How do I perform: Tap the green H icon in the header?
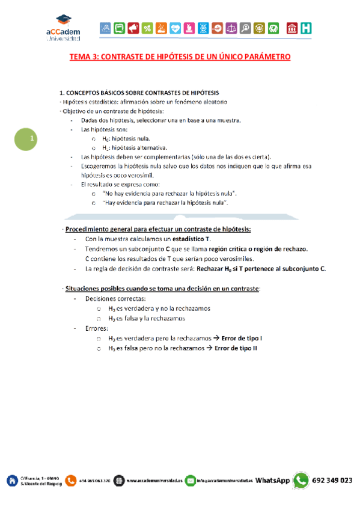[x=307, y=28]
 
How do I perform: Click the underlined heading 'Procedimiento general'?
[x=158, y=229]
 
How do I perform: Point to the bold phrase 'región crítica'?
[x=222, y=248]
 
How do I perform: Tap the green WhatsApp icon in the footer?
[x=301, y=480]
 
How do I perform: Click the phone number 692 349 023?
[x=332, y=481]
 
